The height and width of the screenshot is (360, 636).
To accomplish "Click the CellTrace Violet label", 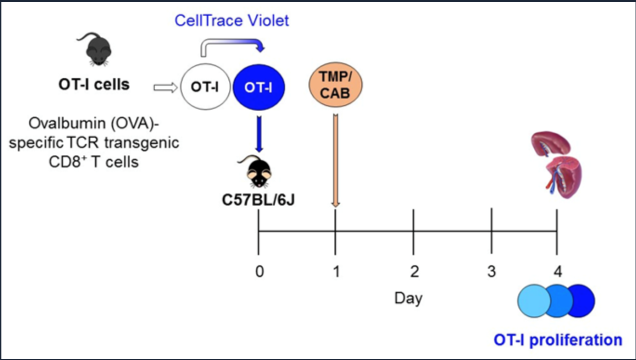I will pos(232,21).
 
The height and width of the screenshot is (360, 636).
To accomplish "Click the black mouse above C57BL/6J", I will pos(257,170).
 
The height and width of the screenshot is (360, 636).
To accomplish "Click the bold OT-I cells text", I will pos(94,85).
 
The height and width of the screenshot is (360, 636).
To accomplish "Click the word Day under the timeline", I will pos(408,297).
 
